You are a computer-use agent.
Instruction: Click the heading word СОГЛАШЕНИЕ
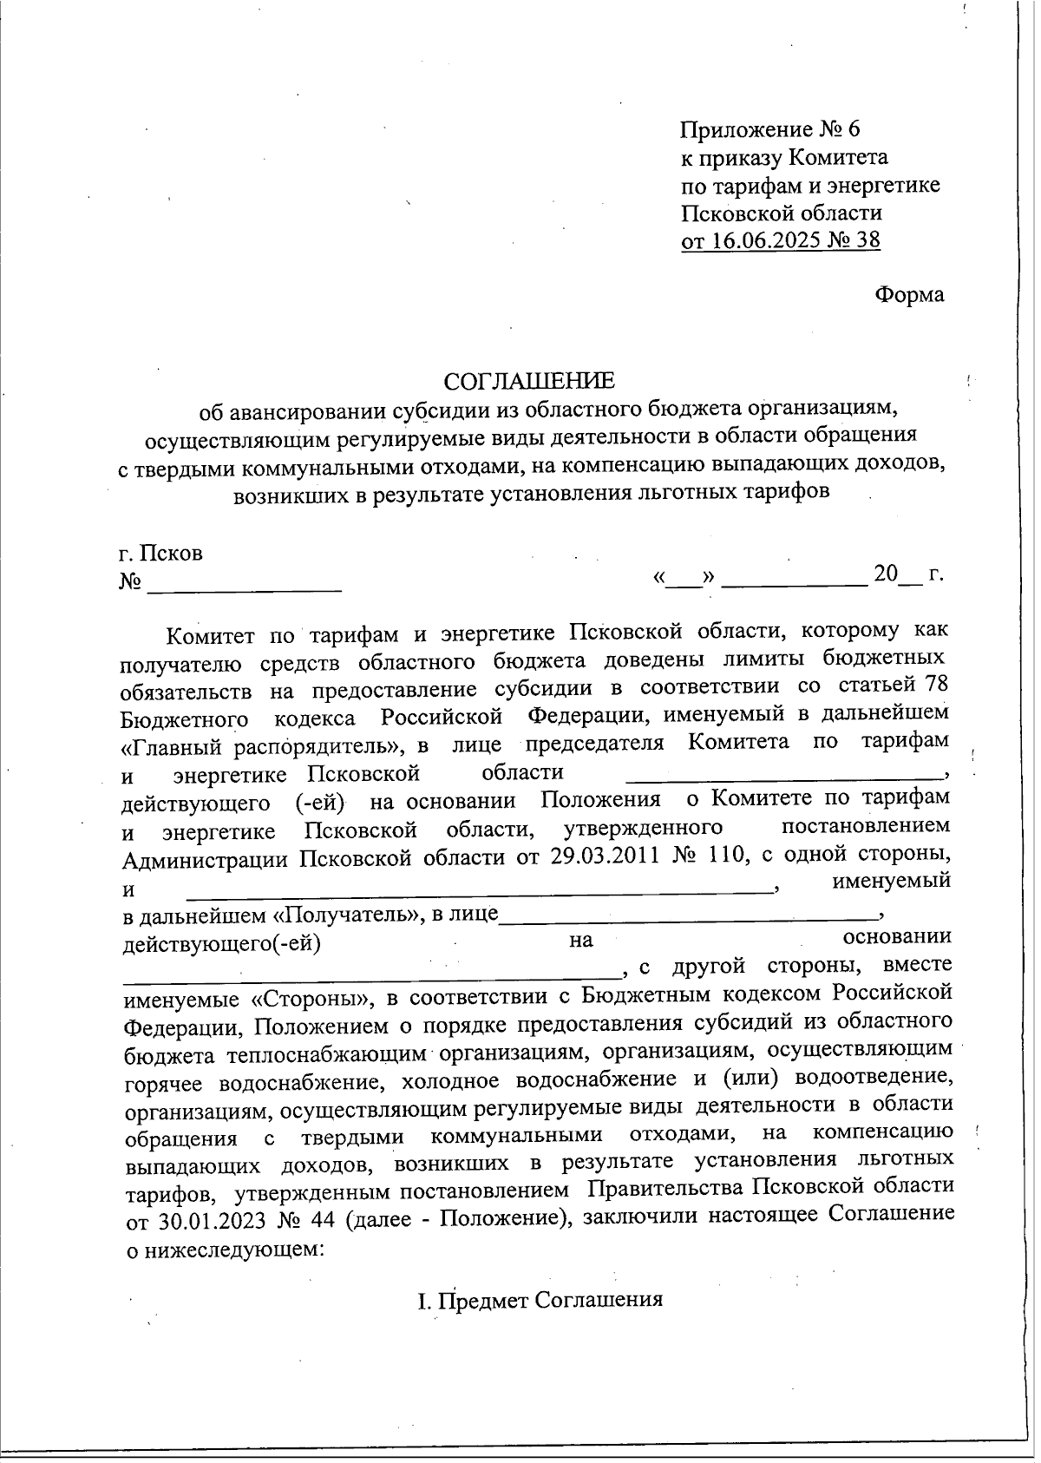coord(528,381)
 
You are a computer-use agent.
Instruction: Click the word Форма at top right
coord(908,294)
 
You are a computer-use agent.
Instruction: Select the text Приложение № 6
coord(769,129)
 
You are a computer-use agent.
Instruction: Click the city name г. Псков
coord(160,553)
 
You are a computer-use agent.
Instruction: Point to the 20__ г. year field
coord(907,574)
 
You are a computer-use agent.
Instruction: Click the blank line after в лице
coord(690,913)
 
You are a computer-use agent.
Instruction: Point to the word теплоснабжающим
coord(329,1053)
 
